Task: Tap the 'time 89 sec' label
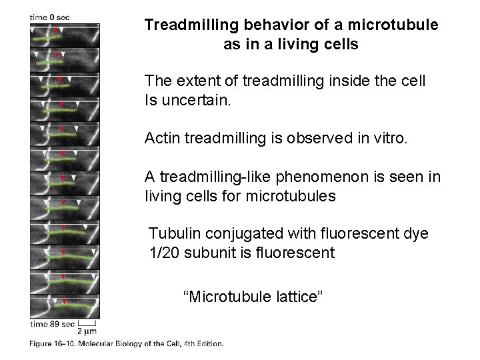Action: coord(51,323)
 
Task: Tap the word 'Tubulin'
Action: coord(172,234)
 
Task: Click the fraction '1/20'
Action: coord(165,253)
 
